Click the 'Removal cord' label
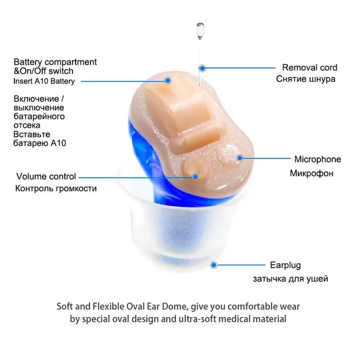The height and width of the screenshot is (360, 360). pyautogui.click(x=310, y=67)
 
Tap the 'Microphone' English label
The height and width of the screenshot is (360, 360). pyautogui.click(x=317, y=159)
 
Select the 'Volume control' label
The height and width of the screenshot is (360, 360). pyautogui.click(x=46, y=176)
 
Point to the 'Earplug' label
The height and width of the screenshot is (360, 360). pyautogui.click(x=285, y=265)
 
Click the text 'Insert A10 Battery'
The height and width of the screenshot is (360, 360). pyautogui.click(x=44, y=81)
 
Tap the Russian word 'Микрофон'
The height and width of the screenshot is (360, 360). pyautogui.click(x=312, y=173)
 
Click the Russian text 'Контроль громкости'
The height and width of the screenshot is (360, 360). pyautogui.click(x=56, y=189)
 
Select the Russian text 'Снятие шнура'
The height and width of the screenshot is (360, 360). pyautogui.click(x=305, y=79)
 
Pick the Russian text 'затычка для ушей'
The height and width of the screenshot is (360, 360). pyautogui.click(x=291, y=279)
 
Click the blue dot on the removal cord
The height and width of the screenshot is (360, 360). pyautogui.click(x=202, y=68)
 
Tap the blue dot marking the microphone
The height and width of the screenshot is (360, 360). pyautogui.click(x=240, y=158)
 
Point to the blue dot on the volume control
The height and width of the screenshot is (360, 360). pyautogui.click(x=195, y=176)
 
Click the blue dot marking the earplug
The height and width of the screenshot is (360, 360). pyautogui.click(x=214, y=265)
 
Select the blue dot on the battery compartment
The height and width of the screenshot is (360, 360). pyautogui.click(x=168, y=81)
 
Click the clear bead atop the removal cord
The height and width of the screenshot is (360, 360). pyautogui.click(x=200, y=30)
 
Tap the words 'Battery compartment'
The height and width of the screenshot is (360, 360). pyautogui.click(x=55, y=62)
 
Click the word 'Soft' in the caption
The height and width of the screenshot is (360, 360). pyautogui.click(x=65, y=307)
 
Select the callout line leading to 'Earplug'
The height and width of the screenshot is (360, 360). pyautogui.click(x=241, y=265)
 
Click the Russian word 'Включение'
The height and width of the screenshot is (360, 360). pyautogui.click(x=37, y=99)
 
